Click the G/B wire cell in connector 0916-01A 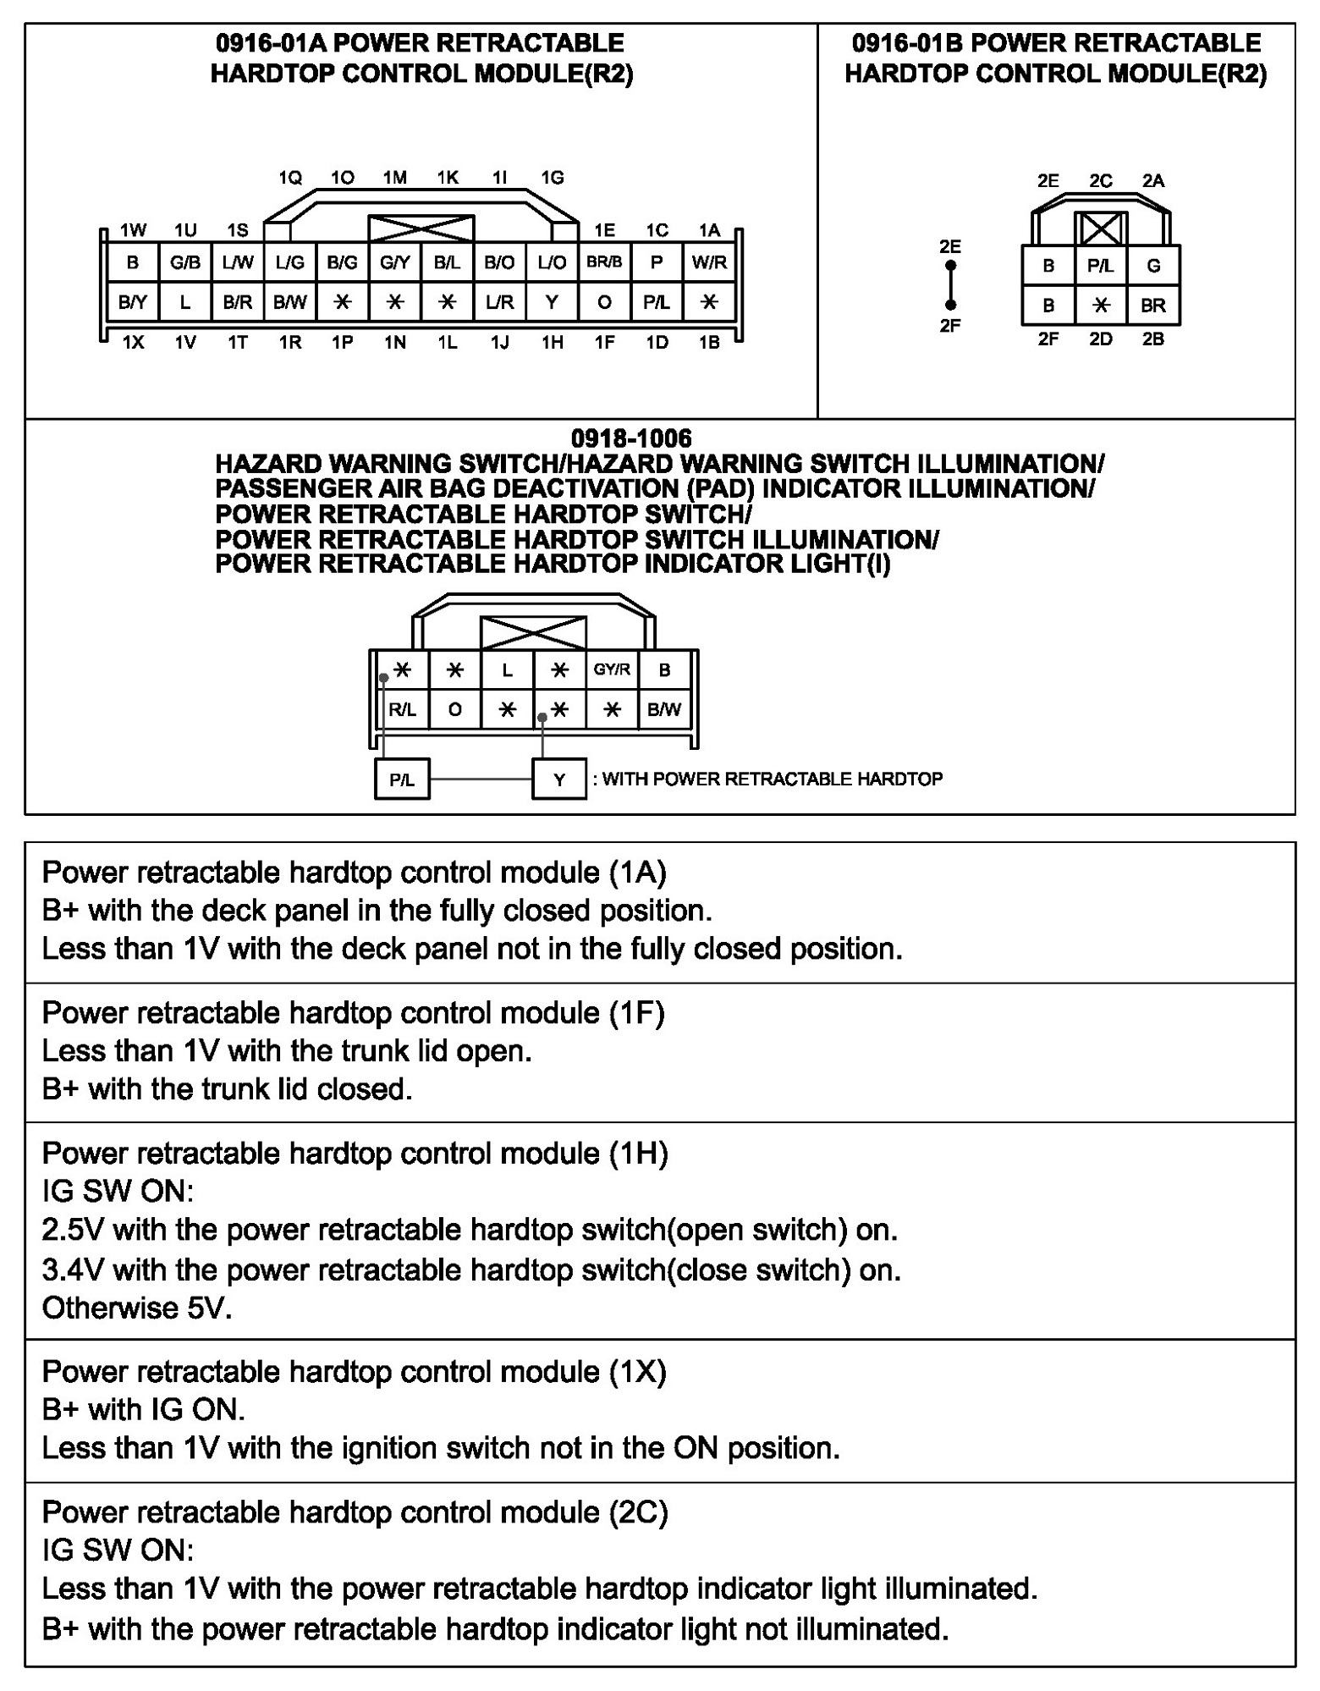pyautogui.click(x=184, y=262)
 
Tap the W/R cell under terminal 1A pyautogui.click(x=709, y=262)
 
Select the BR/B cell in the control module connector pyautogui.click(x=604, y=262)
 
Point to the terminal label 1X pyautogui.click(x=133, y=343)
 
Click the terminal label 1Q pyautogui.click(x=290, y=178)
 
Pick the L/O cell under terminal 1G pyautogui.click(x=552, y=262)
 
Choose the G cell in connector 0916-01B pyautogui.click(x=1153, y=266)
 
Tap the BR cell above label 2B pyautogui.click(x=1153, y=306)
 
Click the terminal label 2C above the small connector pyautogui.click(x=1101, y=181)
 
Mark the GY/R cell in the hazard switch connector pyautogui.click(x=612, y=669)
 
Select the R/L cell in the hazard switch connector pyautogui.click(x=402, y=709)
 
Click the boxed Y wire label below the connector pyautogui.click(x=559, y=779)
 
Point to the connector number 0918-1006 pyautogui.click(x=631, y=438)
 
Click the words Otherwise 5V pyautogui.click(x=137, y=1308)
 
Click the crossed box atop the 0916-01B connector pyautogui.click(x=1101, y=229)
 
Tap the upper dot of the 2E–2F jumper pyautogui.click(x=951, y=266)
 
